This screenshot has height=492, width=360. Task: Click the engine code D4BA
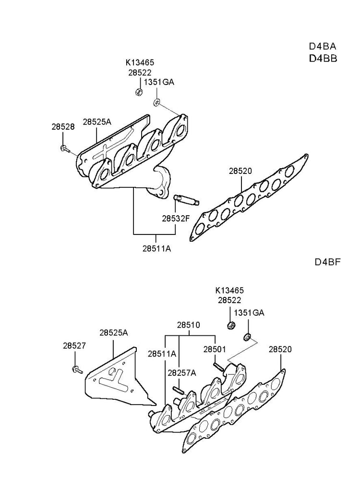322,47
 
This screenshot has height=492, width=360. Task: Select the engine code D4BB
322,59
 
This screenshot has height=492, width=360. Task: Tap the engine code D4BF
327,262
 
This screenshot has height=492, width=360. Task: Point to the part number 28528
63,127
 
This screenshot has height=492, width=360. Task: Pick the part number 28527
74,345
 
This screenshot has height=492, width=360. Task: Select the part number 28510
188,325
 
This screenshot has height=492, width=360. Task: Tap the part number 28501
215,349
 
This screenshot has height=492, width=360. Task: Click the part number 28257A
182,372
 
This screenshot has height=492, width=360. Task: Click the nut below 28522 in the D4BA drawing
138,91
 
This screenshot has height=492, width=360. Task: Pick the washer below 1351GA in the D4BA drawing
156,102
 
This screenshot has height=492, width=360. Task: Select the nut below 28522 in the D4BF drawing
230,325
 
